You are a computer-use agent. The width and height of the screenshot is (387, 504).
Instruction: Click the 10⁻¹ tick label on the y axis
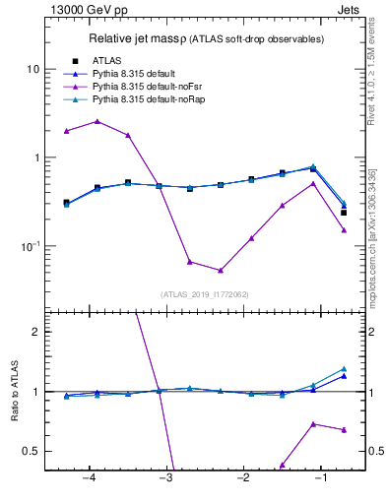tap(30, 246)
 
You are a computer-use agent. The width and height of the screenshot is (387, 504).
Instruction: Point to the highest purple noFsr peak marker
tap(97, 121)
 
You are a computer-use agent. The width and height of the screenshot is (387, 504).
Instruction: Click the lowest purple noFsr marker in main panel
tap(221, 270)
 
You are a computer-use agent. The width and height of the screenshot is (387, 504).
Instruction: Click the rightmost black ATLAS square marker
tap(344, 213)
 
